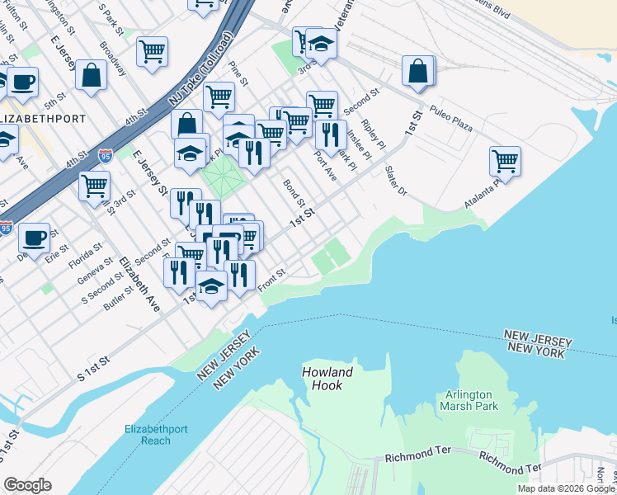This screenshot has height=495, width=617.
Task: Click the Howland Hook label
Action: pos(327,379)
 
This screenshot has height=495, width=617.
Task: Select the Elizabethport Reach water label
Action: pos(147,434)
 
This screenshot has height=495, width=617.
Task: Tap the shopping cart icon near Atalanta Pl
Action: pos(504,161)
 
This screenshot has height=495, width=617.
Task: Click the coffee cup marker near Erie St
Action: pos(33,238)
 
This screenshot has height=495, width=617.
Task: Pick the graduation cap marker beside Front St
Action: pos(212,286)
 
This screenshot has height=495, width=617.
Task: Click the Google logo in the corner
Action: pos(27,485)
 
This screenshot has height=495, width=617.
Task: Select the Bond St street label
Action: pos(294,193)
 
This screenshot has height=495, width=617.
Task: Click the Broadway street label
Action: pos(113,57)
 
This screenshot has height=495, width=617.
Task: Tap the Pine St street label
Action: pos(238,73)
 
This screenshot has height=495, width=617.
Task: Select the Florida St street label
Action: pos(85,246)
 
